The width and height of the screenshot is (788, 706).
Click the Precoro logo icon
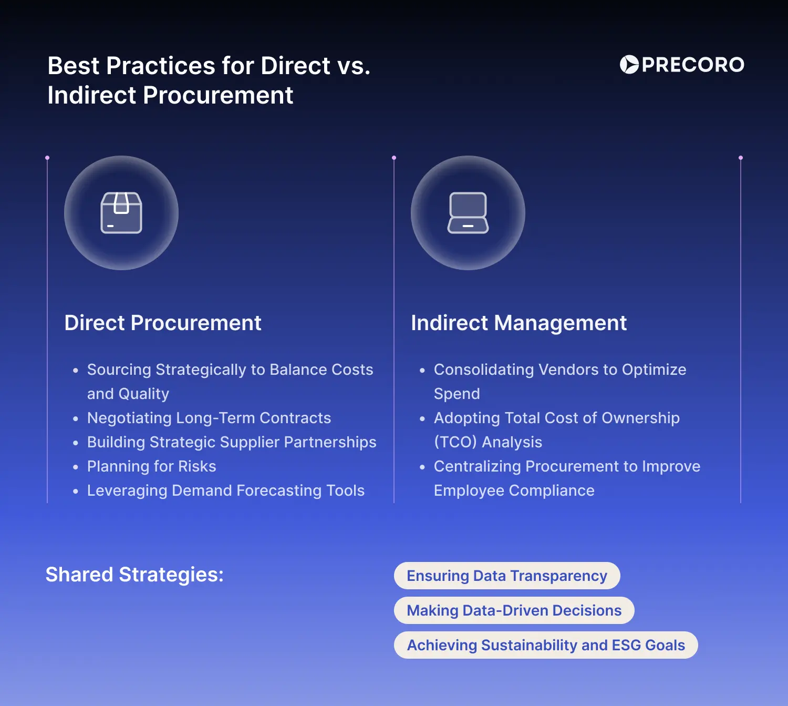pos(629,65)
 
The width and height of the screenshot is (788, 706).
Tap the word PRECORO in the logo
pos(693,65)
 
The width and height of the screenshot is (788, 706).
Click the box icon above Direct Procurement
pos(121,212)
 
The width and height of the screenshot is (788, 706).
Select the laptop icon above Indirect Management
pos(468,212)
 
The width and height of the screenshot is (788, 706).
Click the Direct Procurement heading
pos(163,323)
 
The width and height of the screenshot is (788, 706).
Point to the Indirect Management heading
pos(519,323)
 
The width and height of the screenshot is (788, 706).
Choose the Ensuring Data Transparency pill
pos(507,576)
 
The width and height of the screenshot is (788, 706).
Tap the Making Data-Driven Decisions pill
pos(514,610)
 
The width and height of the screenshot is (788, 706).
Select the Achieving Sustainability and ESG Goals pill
pos(546,645)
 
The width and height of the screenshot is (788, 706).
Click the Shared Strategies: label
pos(134,575)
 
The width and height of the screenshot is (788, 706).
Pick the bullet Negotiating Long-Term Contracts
pos(209,418)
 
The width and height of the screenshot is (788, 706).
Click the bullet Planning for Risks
pos(152,466)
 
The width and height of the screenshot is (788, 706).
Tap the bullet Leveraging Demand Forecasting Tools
pos(226,490)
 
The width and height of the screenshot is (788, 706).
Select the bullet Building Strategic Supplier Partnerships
pos(232,442)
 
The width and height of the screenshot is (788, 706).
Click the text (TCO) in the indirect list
pos(455,442)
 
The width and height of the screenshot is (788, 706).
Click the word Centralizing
pos(477,466)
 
